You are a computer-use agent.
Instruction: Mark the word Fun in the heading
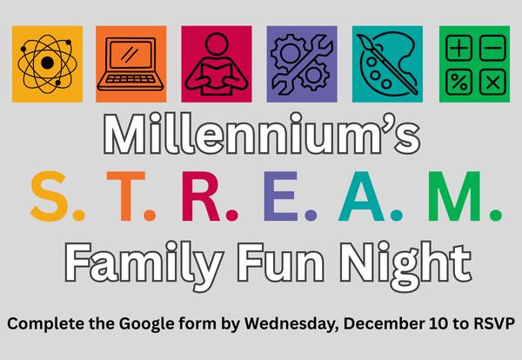pos(282,259)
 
